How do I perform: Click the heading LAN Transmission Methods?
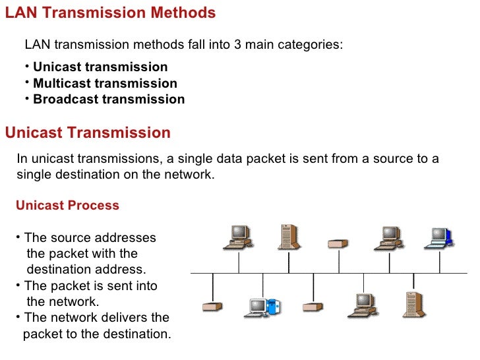(x=110, y=13)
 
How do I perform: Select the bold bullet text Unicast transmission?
(x=100, y=67)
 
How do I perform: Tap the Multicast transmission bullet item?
(x=105, y=84)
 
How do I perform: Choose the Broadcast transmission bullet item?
(x=109, y=100)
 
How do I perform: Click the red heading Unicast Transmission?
(x=88, y=133)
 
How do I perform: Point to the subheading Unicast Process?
(x=67, y=205)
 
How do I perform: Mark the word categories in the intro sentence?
(x=315, y=45)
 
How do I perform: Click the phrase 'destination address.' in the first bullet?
(x=86, y=270)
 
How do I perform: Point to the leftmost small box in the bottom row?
(x=212, y=307)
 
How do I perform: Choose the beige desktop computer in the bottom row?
(x=363, y=304)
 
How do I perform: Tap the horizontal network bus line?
(x=330, y=272)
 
